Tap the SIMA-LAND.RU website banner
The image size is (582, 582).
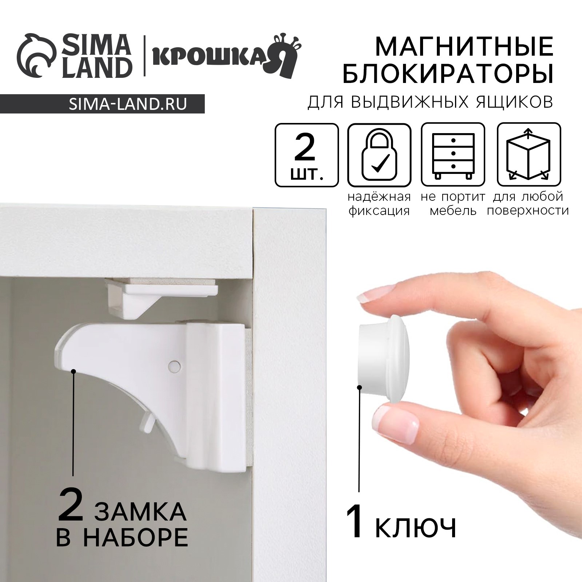[x=127, y=104]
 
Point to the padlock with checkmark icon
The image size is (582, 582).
[x=379, y=155]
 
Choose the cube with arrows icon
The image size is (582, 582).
[x=529, y=155]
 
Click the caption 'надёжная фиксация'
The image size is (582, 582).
[x=379, y=204]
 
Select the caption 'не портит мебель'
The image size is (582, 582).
[x=453, y=204]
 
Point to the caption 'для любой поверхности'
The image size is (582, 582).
[x=528, y=204]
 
